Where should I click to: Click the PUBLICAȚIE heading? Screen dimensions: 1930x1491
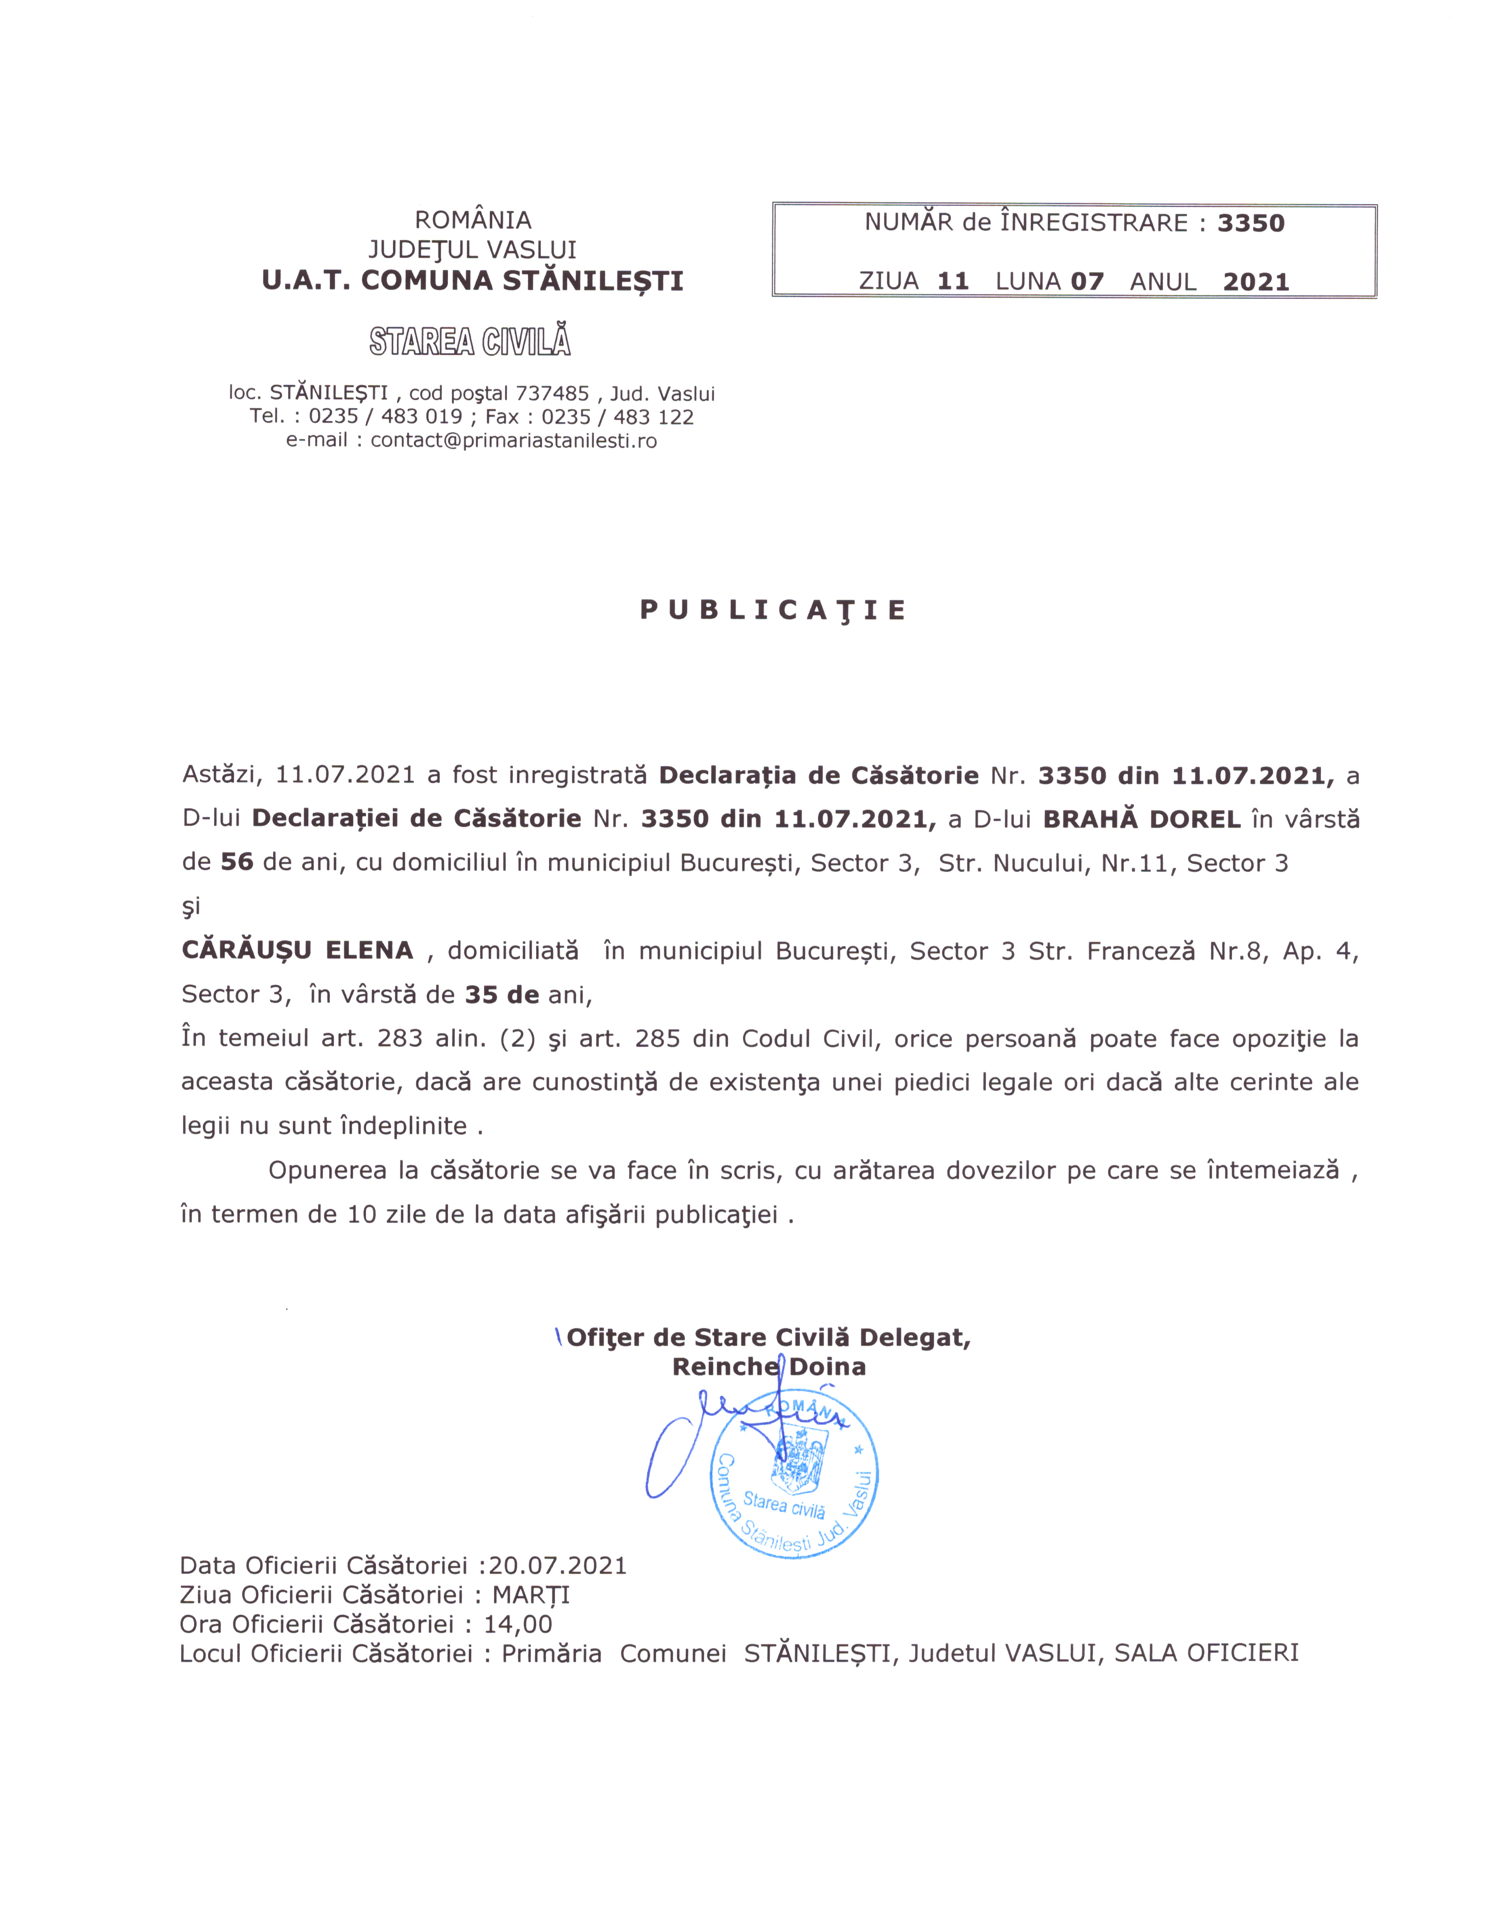click(x=773, y=611)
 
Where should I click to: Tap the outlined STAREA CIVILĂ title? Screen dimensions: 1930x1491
click(x=470, y=341)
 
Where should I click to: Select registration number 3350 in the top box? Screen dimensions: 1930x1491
click(x=1251, y=223)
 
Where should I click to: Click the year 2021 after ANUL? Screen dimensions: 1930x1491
click(x=1256, y=282)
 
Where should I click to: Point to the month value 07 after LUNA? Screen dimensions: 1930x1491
click(x=1088, y=282)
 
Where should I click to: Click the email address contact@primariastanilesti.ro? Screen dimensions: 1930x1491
click(x=513, y=440)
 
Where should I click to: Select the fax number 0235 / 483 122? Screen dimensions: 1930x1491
click(x=617, y=417)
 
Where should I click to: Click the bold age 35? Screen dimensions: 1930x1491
click(x=481, y=995)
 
